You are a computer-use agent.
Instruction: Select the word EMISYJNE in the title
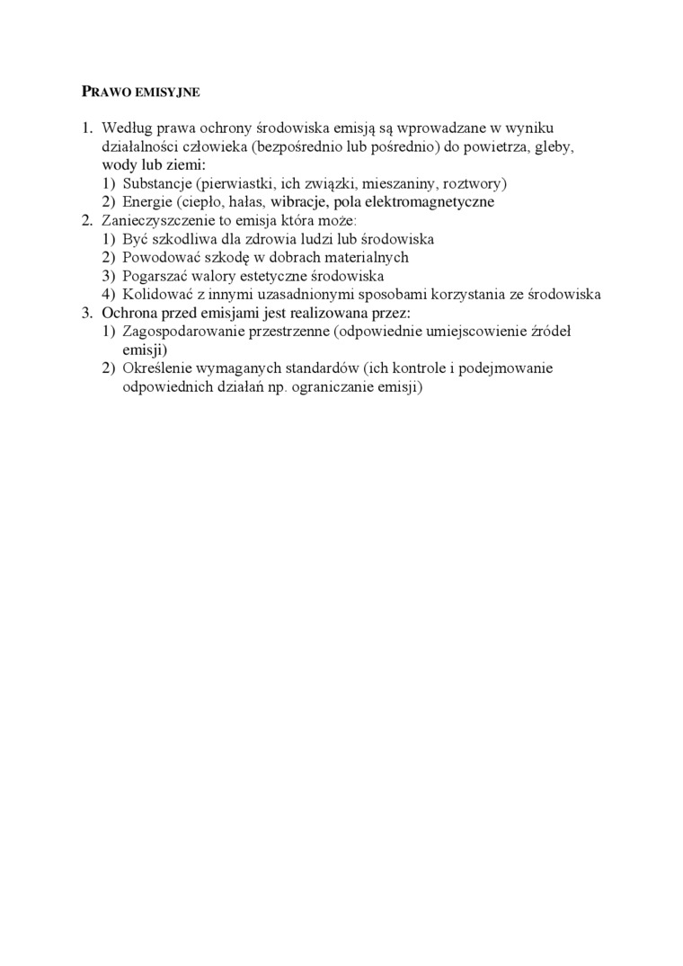[x=166, y=92]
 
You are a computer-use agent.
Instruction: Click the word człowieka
[x=217, y=147]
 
